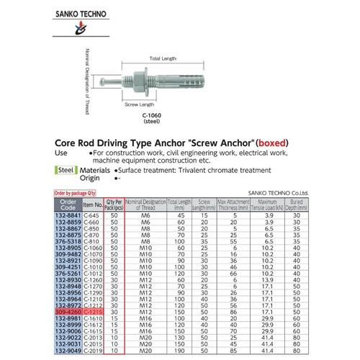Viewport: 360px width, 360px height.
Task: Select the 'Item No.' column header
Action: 91,205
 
